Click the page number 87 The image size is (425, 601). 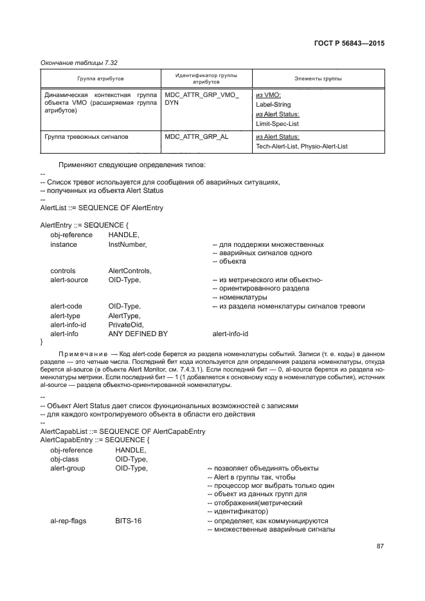pos(380,546)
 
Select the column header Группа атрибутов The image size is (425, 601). pos(101,78)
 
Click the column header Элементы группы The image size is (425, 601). pos(318,78)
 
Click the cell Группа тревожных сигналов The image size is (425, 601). pos(87,137)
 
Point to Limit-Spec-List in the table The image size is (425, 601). pos(277,123)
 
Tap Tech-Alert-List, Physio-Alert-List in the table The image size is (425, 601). pos(302,147)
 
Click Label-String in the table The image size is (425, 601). pos(273,104)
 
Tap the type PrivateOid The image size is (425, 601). pos(126,325)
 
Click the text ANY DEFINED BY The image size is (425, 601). pos(138,334)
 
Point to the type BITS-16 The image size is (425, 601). pos(128,520)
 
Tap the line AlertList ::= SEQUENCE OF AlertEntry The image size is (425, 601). pos(102,208)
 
